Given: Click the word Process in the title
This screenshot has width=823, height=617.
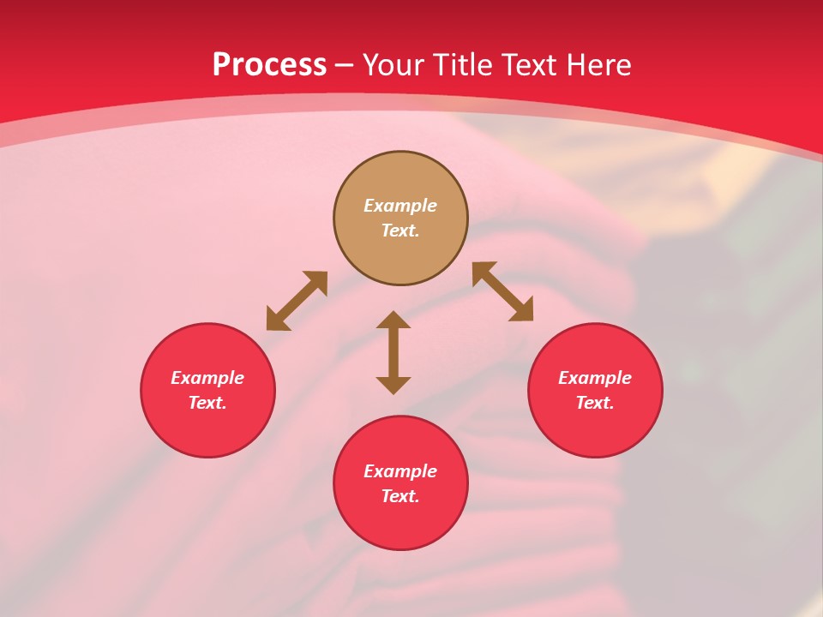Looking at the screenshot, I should [x=269, y=65].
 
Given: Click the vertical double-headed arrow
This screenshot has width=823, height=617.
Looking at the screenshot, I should [x=393, y=353].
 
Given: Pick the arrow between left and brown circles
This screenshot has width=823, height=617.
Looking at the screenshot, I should [x=297, y=301].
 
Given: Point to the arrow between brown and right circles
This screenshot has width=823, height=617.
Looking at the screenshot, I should [x=502, y=291].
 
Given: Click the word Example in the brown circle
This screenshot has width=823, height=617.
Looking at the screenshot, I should [x=400, y=206].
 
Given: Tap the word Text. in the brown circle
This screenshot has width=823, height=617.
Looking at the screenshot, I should [x=400, y=231].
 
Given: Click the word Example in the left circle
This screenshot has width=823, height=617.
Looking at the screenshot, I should [x=207, y=378].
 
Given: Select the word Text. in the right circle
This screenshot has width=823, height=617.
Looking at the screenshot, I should [x=595, y=403].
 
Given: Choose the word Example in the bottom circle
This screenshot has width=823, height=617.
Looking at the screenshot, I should [x=400, y=471].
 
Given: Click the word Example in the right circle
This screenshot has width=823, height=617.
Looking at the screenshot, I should [x=595, y=378].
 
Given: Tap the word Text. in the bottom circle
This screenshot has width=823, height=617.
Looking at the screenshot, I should [x=400, y=496].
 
